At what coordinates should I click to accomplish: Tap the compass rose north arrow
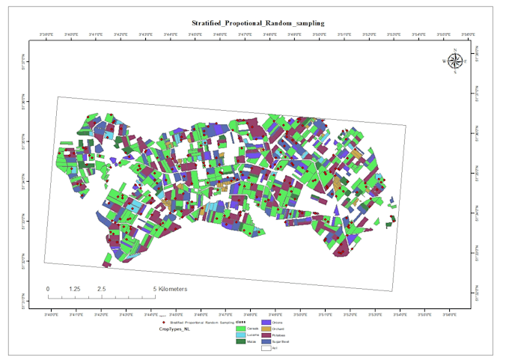[x=455, y=62]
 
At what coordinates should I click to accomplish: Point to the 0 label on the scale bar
[x=48, y=288]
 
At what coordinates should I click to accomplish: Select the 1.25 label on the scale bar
[x=75, y=288]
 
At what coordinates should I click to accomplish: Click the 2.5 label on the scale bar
[x=101, y=288]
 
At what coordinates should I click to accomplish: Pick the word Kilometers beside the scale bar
[x=171, y=288]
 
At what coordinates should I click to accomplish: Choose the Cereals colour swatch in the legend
[x=241, y=328]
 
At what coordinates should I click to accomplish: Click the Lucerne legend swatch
[x=241, y=335]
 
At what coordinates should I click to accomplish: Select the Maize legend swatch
[x=241, y=341]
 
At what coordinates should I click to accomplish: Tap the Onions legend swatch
[x=266, y=322]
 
